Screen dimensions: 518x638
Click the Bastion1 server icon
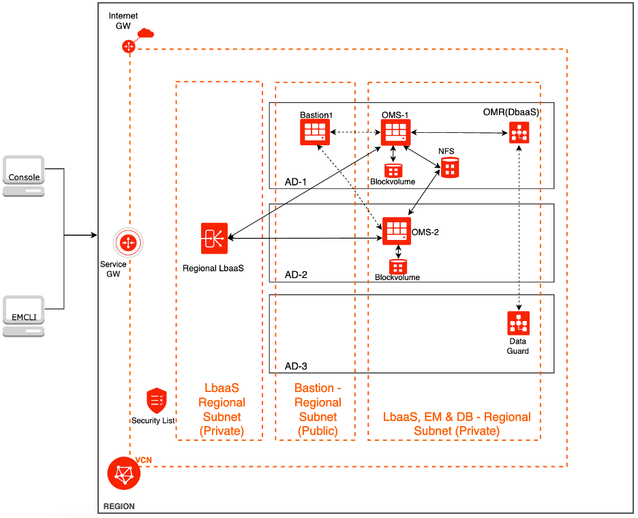pos(315,132)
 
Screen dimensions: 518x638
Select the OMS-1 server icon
pos(395,132)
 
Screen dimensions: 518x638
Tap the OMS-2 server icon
pos(397,232)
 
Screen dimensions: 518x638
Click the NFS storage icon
pos(449,167)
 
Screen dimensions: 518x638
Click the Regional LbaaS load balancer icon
pos(214,238)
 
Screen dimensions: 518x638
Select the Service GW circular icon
pos(128,243)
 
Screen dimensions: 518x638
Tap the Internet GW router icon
pos(129,46)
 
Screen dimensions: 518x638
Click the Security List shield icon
pos(157,401)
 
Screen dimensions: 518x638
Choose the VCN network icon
pos(123,474)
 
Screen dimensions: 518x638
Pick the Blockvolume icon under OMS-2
pos(397,266)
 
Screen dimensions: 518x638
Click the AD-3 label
pos(296,366)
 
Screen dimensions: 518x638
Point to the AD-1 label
pos(296,182)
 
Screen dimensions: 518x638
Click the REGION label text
pos(119,506)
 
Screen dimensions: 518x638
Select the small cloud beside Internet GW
pos(145,33)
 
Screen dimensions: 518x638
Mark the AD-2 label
pos(296,275)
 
